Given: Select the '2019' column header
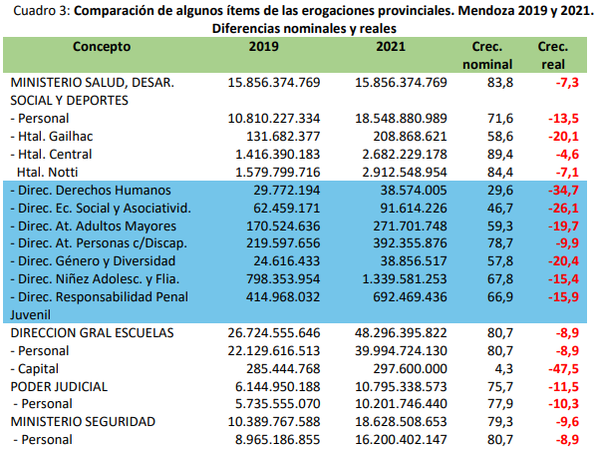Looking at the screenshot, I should tap(264, 46).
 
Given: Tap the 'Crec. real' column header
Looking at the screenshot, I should tap(553, 55).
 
